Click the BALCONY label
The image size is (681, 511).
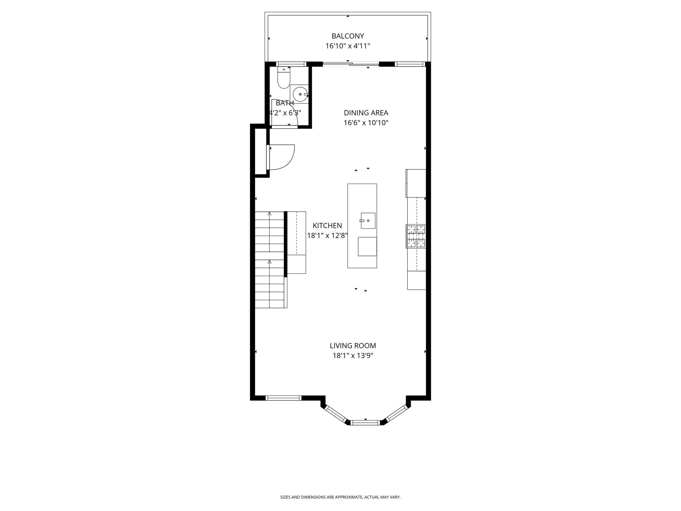(347, 36)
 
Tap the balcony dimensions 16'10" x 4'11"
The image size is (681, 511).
(347, 46)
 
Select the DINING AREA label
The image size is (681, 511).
(366, 113)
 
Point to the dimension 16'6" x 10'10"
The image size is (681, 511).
(366, 123)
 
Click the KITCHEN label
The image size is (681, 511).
(327, 226)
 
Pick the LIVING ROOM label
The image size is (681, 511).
(353, 346)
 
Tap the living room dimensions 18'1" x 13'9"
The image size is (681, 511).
(353, 356)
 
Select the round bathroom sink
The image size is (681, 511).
(300, 94)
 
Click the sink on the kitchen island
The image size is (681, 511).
(368, 221)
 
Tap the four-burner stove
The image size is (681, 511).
(416, 236)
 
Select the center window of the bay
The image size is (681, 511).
(365, 423)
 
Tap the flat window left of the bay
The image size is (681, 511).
(283, 398)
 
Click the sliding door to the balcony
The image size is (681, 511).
(351, 64)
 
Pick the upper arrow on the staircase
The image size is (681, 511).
(269, 214)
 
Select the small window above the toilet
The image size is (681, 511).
(291, 64)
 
